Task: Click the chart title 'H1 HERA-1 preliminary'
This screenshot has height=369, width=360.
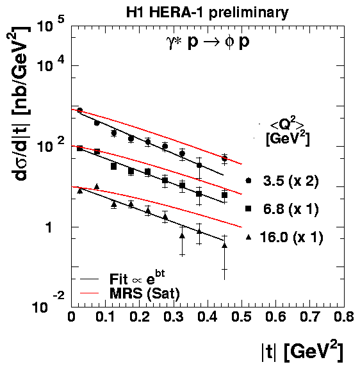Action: [208, 13]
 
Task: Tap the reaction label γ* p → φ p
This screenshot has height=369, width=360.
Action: [208, 42]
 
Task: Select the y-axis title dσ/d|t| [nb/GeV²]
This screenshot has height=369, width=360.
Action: [20, 104]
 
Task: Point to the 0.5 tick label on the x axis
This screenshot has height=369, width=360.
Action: [241, 316]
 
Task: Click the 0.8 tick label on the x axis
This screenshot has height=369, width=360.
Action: [344, 316]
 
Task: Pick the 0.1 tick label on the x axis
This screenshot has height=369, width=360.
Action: [105, 316]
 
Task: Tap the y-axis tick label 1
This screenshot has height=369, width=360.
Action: [49, 227]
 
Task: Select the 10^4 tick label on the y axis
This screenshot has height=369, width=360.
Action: [51, 64]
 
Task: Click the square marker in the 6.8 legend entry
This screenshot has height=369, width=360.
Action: [249, 208]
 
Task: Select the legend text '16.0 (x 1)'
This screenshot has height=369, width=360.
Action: [291, 237]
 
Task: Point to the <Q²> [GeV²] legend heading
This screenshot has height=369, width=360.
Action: [288, 134]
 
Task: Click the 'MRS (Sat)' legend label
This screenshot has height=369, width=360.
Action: [145, 293]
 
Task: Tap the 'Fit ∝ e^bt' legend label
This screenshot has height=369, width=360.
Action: [137, 278]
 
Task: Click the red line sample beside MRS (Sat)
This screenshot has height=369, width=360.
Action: [89, 293]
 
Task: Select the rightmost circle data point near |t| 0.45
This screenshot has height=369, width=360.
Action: [224, 158]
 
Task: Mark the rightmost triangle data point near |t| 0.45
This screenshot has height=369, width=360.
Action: [224, 245]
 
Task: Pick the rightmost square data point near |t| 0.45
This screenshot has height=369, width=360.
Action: [224, 195]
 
